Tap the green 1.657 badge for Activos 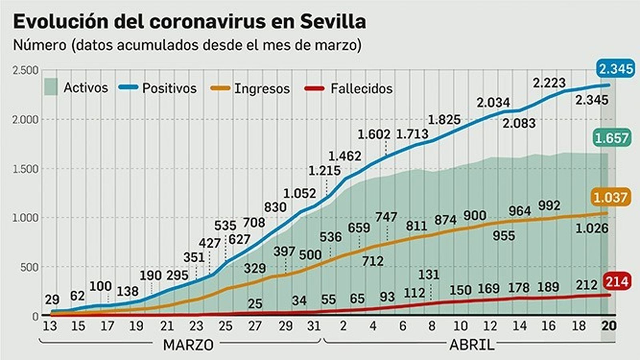pos(612,138)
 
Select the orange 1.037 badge pos(610,198)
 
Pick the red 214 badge pos(616,282)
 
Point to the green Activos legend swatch pos(51,87)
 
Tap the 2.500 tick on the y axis pos(26,70)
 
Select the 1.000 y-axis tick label pos(26,218)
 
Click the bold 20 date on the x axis pos(609,326)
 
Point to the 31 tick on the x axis pos(314,326)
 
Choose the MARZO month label pos(188,345)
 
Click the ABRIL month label pos(472,345)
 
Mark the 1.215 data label pos(324,171)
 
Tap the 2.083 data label pos(519,123)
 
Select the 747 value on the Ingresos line pos(386,217)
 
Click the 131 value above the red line pos(429,275)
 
